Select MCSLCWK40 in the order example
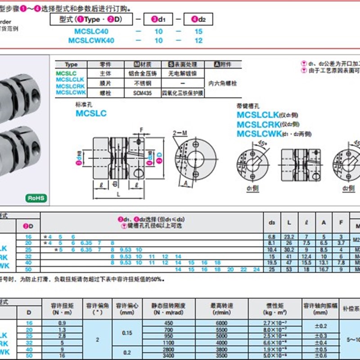point(91,40)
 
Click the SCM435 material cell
point(142,93)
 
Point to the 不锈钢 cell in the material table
point(142,83)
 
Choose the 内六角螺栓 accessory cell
point(223,83)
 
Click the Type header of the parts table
point(71,65)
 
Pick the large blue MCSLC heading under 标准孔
point(91,113)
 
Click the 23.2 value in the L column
point(289,237)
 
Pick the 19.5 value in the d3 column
point(272,262)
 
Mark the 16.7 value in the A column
point(324,269)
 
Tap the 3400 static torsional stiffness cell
point(168,355)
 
